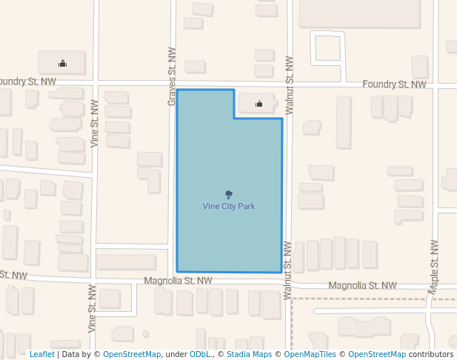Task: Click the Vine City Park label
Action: (229, 206)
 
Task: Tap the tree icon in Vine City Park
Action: (229, 195)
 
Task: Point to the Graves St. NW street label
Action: (172, 77)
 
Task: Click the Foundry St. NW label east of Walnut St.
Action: (394, 84)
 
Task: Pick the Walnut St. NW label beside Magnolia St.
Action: (287, 270)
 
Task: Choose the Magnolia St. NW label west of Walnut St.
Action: (178, 281)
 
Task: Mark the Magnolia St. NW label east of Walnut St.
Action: (362, 285)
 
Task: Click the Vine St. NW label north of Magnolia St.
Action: (94, 124)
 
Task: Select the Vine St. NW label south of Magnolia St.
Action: (93, 307)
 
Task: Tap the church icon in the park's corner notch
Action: (259, 104)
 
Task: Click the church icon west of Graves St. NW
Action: (62, 63)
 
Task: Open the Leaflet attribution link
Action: (41, 354)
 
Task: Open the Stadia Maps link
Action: (249, 354)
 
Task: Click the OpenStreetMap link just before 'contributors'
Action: (377, 354)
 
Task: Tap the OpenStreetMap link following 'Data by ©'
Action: (132, 354)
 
